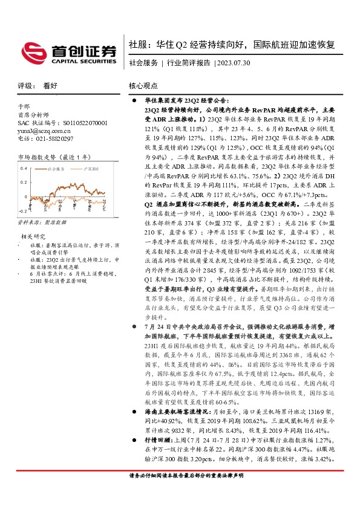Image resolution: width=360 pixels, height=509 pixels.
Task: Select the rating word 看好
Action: [50, 86]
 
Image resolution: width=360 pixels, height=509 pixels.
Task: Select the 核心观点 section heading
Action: [143, 86]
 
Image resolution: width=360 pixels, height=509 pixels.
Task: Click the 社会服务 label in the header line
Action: [143, 63]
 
